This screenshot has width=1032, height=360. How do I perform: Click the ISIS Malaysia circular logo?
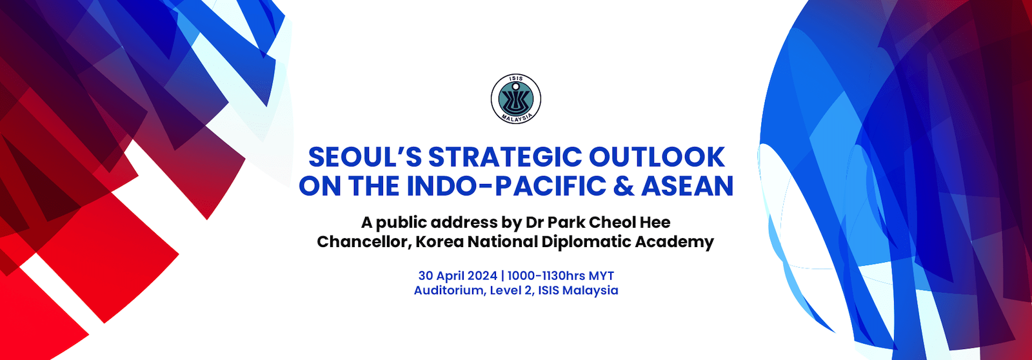(x=516, y=99)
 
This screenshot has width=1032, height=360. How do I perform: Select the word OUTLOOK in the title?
(x=657, y=157)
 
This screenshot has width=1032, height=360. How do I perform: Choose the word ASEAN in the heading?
(x=687, y=186)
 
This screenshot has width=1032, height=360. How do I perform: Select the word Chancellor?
(x=364, y=241)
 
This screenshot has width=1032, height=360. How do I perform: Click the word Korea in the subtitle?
(x=439, y=241)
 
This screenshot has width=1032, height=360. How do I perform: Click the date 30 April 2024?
(x=457, y=276)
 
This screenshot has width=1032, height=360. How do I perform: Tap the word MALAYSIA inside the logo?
(x=516, y=117)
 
